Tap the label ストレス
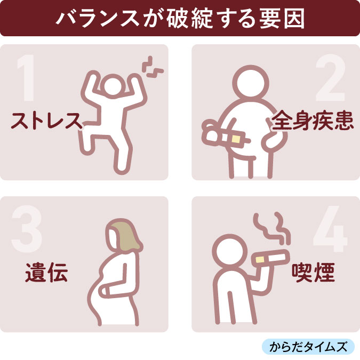point(47,121)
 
